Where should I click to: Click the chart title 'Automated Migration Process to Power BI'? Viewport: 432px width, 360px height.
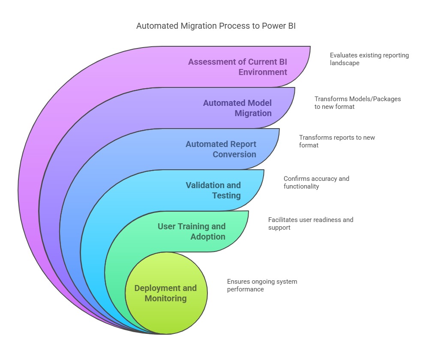[x=216, y=26]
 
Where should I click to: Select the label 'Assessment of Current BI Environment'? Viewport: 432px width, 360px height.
[x=238, y=67]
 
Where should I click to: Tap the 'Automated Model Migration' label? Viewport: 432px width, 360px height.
[x=237, y=108]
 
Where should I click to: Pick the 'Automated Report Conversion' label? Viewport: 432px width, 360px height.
[x=221, y=149]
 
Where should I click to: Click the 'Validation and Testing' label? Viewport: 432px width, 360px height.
[x=213, y=190]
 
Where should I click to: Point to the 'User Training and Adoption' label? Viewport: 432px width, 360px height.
[x=192, y=231]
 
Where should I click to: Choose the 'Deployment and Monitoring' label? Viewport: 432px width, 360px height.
[x=166, y=293]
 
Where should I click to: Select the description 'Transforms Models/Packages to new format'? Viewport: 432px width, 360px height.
[x=358, y=103]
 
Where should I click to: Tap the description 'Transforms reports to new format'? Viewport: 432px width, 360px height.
[x=337, y=141]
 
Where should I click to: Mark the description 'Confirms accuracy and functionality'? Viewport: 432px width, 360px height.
[x=316, y=183]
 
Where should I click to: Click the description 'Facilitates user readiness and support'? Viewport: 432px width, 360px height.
[x=311, y=224]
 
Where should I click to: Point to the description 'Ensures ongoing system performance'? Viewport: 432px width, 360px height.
[x=262, y=285]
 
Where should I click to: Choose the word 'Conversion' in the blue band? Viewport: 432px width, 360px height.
[x=234, y=154]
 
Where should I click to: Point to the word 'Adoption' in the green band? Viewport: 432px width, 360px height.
[x=208, y=237]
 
